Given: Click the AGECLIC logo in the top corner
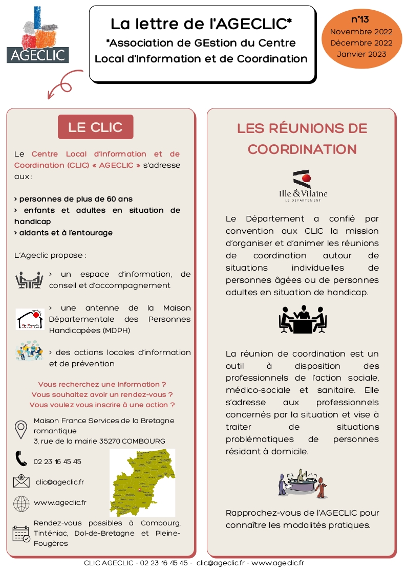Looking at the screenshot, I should click(38, 35).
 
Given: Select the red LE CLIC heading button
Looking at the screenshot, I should click(95, 127).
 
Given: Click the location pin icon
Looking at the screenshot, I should click(21, 430).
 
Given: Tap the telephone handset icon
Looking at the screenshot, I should click(21, 458).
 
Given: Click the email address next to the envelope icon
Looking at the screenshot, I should click(59, 482).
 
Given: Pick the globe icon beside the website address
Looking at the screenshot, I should click(21, 503).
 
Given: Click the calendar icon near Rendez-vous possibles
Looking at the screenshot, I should click(21, 534).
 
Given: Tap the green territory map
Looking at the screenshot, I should click(142, 482).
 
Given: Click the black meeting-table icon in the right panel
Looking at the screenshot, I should click(303, 319).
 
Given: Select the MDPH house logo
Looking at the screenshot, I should click(30, 319).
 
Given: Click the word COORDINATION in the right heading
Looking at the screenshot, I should click(302, 149).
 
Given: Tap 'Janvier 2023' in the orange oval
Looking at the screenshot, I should click(361, 54).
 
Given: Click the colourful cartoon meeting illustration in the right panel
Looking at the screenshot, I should click(303, 483).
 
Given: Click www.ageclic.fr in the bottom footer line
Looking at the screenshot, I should click(277, 563).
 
